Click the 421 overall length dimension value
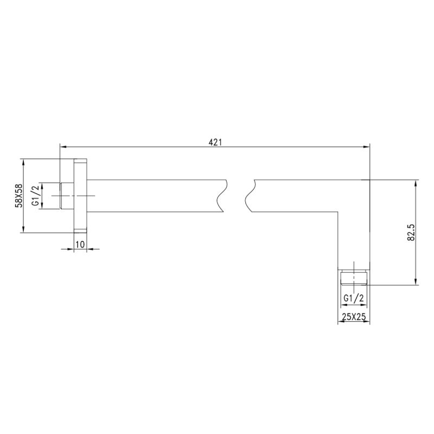click(215, 142)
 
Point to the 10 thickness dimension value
click(79, 245)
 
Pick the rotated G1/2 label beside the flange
click(35, 196)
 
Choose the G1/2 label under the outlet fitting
click(354, 298)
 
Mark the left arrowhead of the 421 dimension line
click(62, 146)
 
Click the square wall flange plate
click(80, 196)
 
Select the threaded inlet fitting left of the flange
click(66, 196)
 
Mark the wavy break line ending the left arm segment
click(221, 196)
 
